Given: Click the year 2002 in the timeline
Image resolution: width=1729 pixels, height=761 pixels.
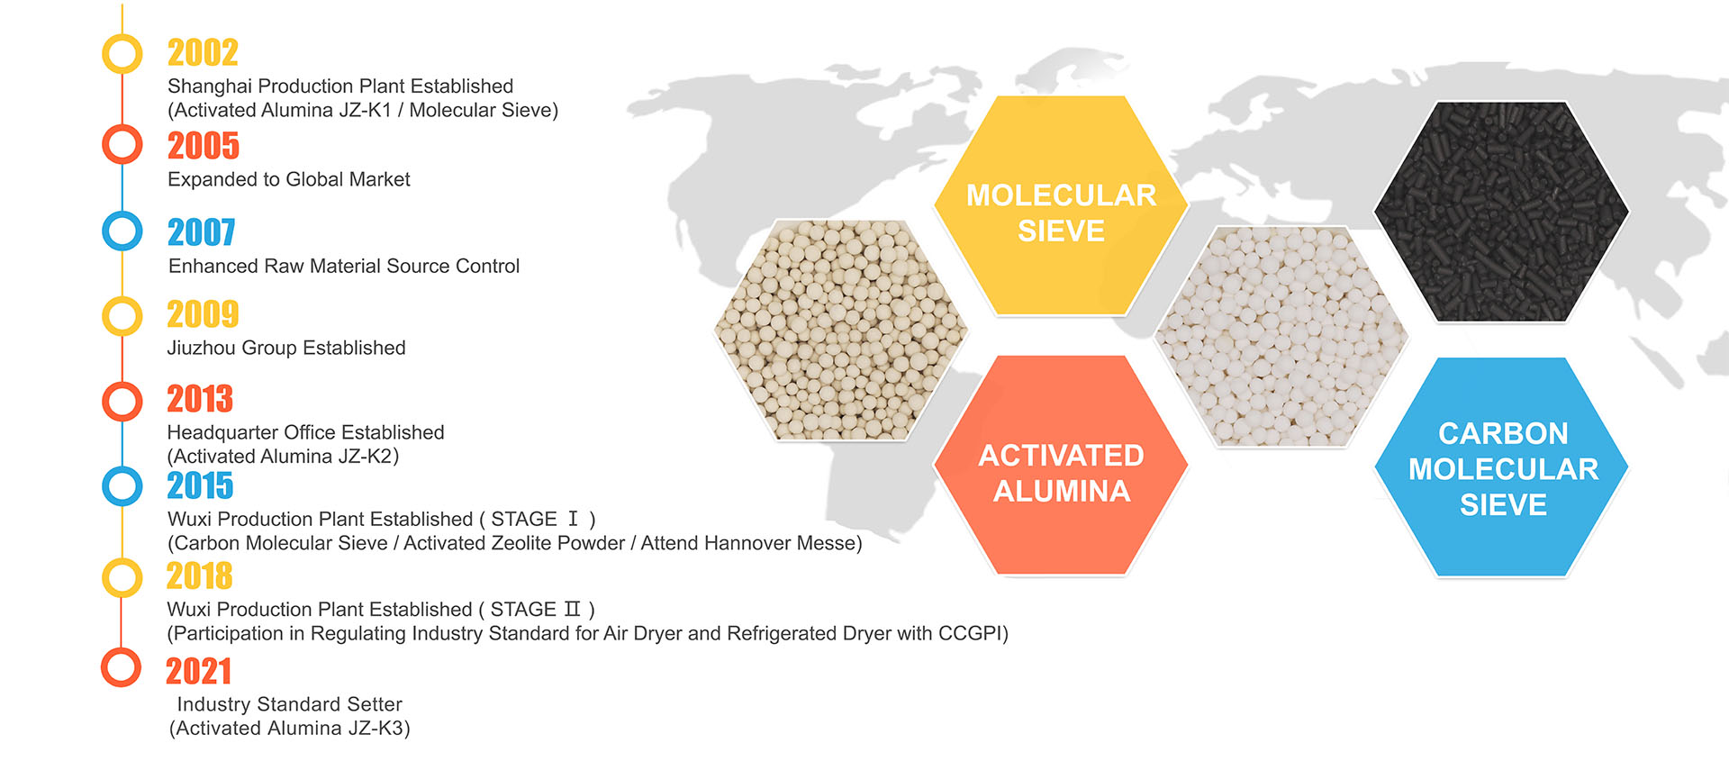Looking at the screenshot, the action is (x=203, y=53).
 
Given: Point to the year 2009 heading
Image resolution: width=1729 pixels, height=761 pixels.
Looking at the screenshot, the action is (x=203, y=314).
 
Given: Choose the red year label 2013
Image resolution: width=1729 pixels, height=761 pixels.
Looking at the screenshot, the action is (x=200, y=399).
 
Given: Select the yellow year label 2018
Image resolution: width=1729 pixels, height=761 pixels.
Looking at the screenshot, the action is (x=200, y=576).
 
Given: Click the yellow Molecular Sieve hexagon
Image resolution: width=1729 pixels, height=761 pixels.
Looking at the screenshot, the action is (x=1061, y=205).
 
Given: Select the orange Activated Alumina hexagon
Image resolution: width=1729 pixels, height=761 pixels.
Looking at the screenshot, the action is (x=1061, y=465).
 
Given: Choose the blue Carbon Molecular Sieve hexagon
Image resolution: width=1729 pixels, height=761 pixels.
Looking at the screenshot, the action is (x=1502, y=467).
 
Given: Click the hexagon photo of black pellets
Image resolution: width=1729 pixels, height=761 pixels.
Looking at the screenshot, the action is (x=1501, y=212).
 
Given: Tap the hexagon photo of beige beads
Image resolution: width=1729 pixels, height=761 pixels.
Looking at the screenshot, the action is (x=840, y=330).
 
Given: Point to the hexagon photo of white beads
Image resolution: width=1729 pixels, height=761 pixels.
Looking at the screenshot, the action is (x=1281, y=336).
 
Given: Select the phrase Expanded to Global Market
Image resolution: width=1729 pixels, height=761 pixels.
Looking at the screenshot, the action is (x=289, y=179).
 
